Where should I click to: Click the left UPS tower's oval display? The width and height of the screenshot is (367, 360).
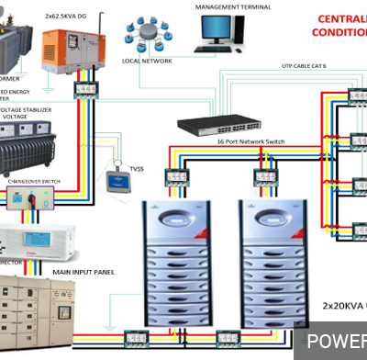tap(172, 221)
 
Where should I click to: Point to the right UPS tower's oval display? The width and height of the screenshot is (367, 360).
tap(264, 221)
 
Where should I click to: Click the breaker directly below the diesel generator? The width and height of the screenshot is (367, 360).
tap(87, 88)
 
